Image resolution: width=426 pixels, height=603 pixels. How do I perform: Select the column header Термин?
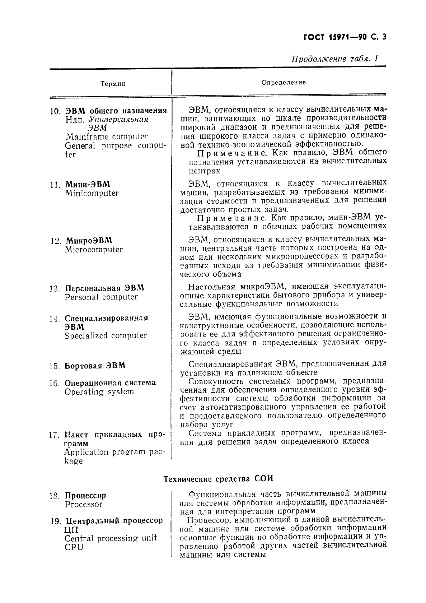coord(113,84)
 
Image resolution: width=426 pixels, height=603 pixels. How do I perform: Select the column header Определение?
coord(283,82)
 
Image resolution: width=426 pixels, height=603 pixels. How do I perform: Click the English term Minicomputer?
coord(92,193)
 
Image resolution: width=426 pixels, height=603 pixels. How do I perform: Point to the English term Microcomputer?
coord(94,249)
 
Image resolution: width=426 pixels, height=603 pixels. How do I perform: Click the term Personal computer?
coord(101,297)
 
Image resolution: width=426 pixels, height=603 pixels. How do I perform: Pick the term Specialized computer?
coord(106,335)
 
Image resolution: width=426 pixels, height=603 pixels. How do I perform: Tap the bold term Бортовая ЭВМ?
coord(95,366)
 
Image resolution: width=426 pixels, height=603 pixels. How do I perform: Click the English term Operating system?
coord(99,391)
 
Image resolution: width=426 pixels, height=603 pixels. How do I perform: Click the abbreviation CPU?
coord(74,547)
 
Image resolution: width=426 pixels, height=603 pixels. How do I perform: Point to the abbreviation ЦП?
coord(71,530)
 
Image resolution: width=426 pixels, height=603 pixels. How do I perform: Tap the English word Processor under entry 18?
coord(84,504)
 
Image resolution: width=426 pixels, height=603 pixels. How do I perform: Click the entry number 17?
coord(54,435)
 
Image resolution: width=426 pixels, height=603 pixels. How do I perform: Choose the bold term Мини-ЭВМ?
coord(88,185)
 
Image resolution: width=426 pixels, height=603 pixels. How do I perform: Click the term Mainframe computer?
coord(107,136)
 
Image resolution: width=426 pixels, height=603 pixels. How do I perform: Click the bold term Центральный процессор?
coord(114,521)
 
